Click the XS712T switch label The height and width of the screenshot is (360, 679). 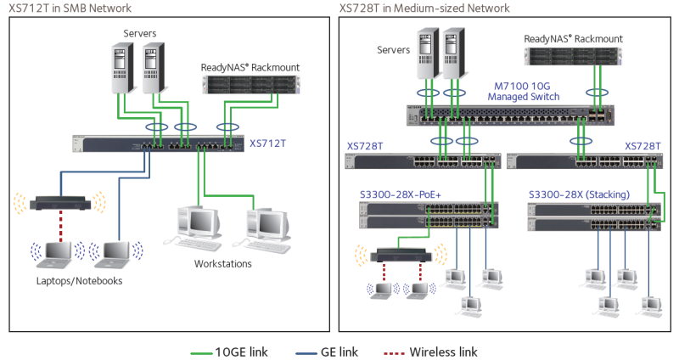click(x=267, y=143)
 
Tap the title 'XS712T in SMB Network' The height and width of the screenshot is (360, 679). click(x=70, y=8)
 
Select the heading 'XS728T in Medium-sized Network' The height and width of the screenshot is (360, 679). click(x=424, y=8)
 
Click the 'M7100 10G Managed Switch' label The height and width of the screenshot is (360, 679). click(x=523, y=92)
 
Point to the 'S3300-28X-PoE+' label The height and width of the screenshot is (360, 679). click(x=401, y=194)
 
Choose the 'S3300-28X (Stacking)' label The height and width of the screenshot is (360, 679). click(x=579, y=194)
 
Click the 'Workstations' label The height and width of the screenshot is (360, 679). click(x=222, y=264)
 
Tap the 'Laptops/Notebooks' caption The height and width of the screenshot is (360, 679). click(x=79, y=281)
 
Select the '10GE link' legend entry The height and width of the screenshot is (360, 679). click(x=229, y=352)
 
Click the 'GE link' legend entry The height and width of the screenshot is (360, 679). click(x=327, y=352)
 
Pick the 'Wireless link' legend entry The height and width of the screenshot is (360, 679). click(x=431, y=352)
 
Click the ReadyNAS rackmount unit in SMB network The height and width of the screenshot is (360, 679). click(x=250, y=84)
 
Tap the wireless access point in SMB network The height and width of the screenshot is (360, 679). click(x=60, y=203)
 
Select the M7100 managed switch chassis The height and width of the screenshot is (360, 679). click(x=510, y=115)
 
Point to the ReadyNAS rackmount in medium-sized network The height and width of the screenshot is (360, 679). click(x=573, y=56)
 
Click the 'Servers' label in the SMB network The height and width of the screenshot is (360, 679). click(x=139, y=33)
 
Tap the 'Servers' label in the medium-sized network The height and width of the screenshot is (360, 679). click(x=393, y=50)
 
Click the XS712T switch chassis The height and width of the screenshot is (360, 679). click(x=159, y=143)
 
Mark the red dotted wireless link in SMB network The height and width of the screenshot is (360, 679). click(x=60, y=226)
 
